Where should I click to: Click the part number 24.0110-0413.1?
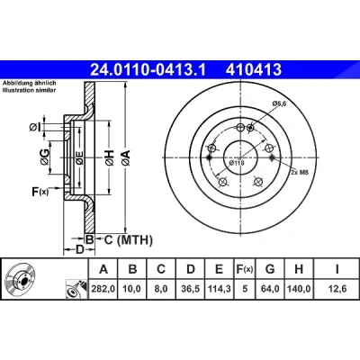148,69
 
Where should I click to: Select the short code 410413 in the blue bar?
254,69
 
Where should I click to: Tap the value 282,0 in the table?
103,289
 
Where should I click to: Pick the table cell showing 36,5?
191,289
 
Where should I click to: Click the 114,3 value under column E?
220,289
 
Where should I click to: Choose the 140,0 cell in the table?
299,289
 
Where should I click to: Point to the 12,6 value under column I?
337,289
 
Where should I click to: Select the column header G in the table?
270,269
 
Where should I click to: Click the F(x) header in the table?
245,269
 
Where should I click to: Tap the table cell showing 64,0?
270,289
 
